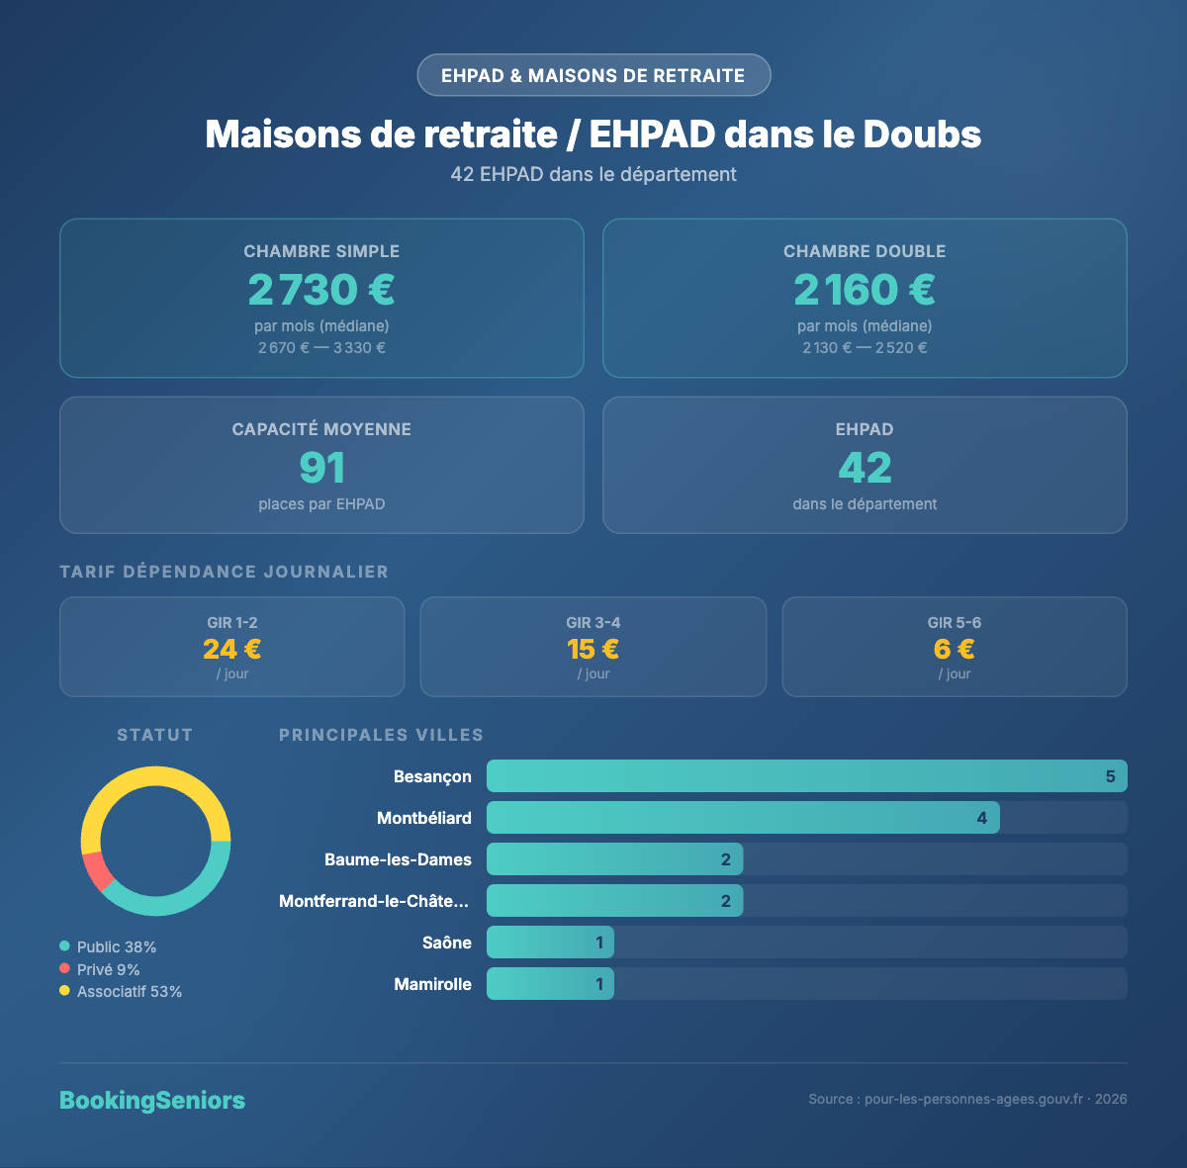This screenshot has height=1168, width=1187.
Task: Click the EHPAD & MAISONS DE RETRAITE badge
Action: point(593,75)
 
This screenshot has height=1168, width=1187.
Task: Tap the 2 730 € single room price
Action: point(321,290)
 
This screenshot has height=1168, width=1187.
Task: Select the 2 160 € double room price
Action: point(865,290)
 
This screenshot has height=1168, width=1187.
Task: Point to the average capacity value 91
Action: point(321,468)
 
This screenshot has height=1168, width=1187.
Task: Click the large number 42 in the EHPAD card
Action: point(865,468)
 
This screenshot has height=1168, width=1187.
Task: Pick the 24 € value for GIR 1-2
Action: point(231,649)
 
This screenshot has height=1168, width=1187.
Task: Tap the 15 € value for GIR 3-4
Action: point(593,649)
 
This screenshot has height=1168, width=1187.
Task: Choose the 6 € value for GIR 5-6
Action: point(954,649)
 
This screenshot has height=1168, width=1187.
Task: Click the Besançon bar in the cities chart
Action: point(806,776)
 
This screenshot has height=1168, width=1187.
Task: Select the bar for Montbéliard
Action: point(742,818)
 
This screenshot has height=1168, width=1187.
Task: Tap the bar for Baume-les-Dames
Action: point(613,859)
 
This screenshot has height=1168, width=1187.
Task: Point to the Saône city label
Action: point(447,943)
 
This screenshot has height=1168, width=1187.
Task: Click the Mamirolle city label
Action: point(433,984)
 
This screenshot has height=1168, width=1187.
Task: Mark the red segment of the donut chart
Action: point(97,871)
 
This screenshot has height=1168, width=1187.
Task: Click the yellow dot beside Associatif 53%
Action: point(64,991)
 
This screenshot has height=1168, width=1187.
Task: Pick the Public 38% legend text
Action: point(117,946)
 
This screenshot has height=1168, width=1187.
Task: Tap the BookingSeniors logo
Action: point(152,1100)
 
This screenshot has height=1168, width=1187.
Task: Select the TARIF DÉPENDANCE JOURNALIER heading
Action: point(225,572)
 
